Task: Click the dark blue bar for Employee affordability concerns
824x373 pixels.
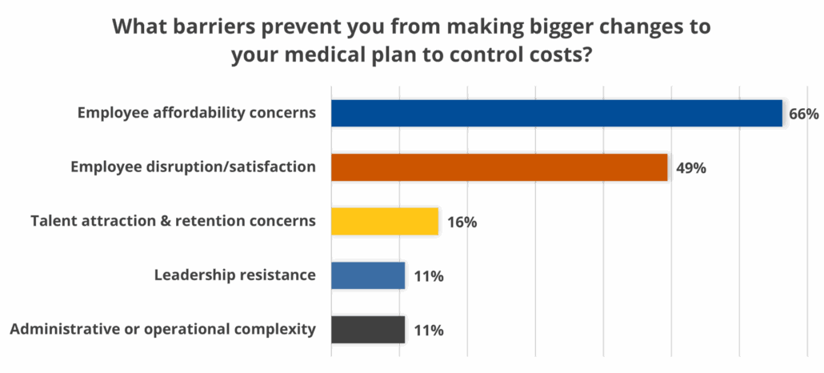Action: point(556,113)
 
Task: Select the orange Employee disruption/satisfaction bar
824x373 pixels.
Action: point(499,167)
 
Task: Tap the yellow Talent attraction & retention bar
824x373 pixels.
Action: point(385,221)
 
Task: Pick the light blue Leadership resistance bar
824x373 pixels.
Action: point(368,275)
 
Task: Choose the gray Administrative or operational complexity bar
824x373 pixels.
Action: point(368,329)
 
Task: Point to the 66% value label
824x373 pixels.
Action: point(804,114)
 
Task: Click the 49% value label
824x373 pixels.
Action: point(690,168)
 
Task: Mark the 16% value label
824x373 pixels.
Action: point(462,222)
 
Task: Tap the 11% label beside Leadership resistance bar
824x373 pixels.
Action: point(429,276)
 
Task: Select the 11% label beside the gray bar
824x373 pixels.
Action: point(429,330)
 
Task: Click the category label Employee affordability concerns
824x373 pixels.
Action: point(196,113)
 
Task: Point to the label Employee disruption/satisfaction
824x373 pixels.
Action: point(193,167)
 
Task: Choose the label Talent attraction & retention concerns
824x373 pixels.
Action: point(173,221)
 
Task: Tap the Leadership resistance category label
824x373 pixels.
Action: point(234,275)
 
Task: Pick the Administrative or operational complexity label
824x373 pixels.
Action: point(162,329)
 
